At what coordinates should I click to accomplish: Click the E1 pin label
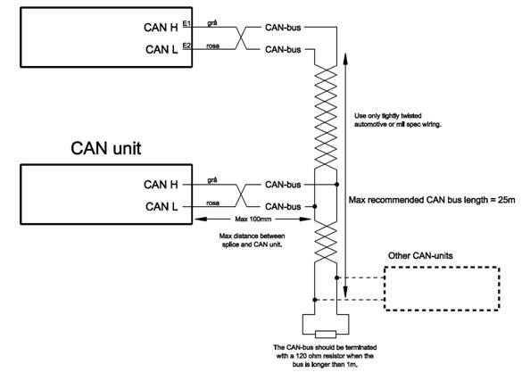[186, 23]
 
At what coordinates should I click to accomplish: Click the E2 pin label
[186, 46]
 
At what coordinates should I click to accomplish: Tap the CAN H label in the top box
[161, 28]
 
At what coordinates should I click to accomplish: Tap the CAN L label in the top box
[161, 49]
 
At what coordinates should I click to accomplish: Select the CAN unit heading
[106, 148]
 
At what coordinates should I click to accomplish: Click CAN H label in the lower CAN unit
[161, 185]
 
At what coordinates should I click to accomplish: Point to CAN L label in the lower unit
[161, 206]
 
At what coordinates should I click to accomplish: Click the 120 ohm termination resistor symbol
[326, 335]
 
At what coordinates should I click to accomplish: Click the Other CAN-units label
[420, 255]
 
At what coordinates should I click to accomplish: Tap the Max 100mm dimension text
[253, 219]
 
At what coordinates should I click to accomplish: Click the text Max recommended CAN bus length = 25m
[432, 200]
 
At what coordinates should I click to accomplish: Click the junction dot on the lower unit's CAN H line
[336, 184]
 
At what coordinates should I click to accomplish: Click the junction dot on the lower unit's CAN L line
[315, 206]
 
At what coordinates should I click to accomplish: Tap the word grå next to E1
[212, 23]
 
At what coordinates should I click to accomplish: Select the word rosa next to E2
[213, 46]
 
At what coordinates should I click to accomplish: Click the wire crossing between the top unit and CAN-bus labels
[241, 38]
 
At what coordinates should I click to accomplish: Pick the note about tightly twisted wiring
[398, 120]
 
